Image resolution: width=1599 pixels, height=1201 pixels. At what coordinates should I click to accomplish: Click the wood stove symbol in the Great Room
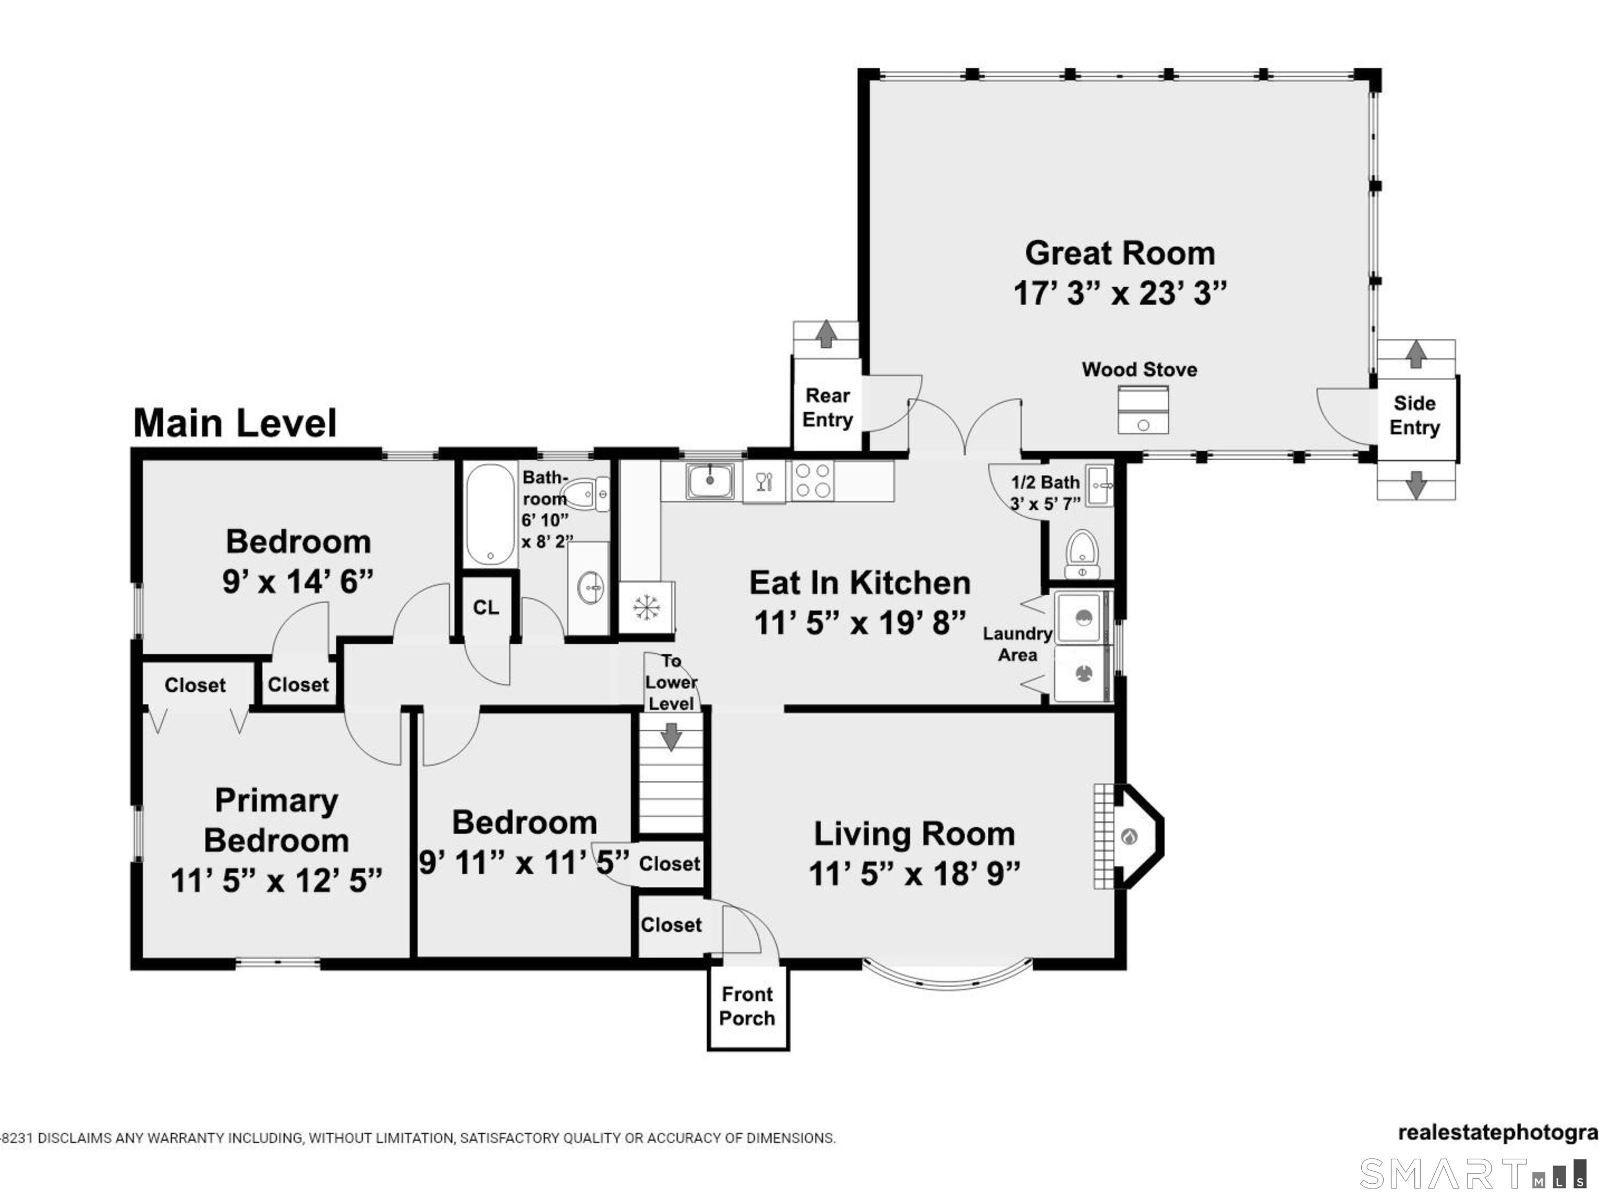[x=1143, y=410]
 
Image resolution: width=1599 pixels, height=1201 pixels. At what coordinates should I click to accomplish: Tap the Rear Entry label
[x=827, y=408]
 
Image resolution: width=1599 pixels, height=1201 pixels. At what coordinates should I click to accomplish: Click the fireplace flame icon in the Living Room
[x=1130, y=837]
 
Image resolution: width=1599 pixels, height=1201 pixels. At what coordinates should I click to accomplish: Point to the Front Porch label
[x=747, y=1006]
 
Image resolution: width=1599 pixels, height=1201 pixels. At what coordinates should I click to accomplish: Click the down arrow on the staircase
[x=672, y=737]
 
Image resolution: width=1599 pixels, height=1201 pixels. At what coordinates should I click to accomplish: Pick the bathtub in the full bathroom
[x=490, y=514]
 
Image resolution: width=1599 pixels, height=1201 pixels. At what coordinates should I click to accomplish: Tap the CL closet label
[x=486, y=607]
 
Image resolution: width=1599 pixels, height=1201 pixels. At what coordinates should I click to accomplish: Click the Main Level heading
[x=235, y=423]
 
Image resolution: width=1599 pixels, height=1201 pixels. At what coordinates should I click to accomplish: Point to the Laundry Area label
[x=1017, y=644]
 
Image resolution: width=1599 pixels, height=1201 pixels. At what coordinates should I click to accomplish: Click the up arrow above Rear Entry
[x=826, y=335]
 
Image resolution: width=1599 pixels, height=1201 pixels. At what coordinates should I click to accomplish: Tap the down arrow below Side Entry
[x=1416, y=484]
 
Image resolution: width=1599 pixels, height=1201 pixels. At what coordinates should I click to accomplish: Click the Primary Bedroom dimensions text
[x=276, y=881]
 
